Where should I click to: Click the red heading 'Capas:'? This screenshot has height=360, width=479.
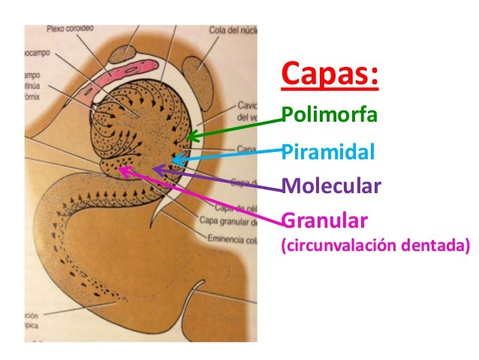pos(329,76)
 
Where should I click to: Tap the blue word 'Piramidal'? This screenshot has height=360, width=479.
pos(327,152)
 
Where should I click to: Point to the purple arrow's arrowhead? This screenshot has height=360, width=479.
pos(155,169)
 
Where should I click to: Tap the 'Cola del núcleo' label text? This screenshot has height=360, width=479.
pos(235,30)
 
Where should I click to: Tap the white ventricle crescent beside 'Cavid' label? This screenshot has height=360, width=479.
pos(197,113)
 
